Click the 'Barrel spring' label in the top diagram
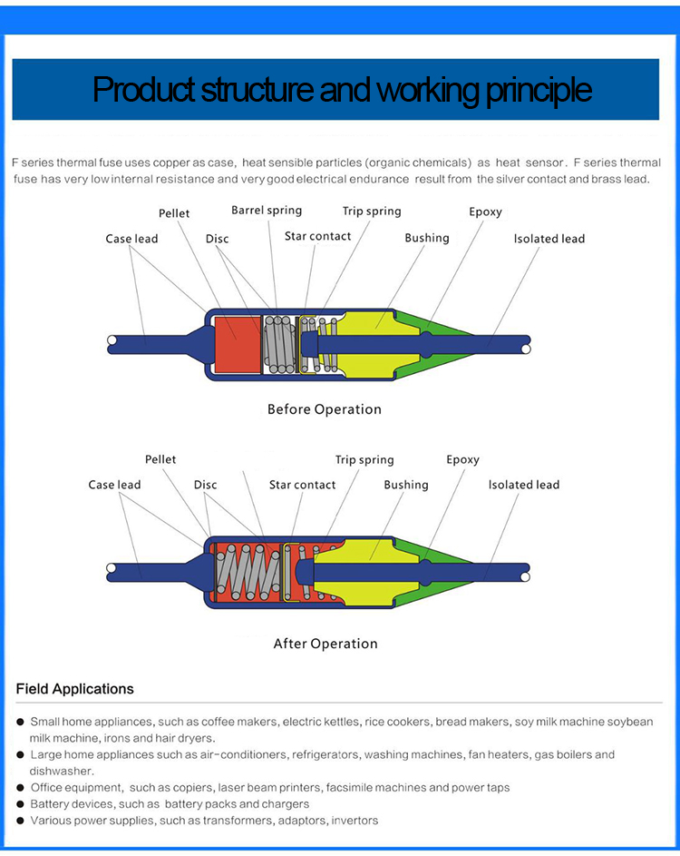click(x=267, y=211)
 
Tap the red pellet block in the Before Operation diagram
click(x=238, y=344)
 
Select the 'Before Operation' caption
click(x=325, y=409)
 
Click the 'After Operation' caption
click(x=325, y=644)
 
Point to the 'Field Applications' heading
click(x=74, y=689)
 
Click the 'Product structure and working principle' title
click(x=342, y=90)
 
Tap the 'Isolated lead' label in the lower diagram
click(x=523, y=485)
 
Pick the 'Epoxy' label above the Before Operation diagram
click(x=485, y=212)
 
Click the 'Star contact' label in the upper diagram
click(x=318, y=236)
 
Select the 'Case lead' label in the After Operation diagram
click(x=114, y=485)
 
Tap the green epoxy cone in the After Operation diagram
click(x=436, y=572)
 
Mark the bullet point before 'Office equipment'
click(x=20, y=788)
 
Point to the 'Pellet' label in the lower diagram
click(x=160, y=459)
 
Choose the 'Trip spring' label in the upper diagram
click(x=372, y=212)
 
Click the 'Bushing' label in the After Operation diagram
click(x=405, y=486)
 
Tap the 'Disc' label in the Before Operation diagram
click(x=217, y=239)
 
